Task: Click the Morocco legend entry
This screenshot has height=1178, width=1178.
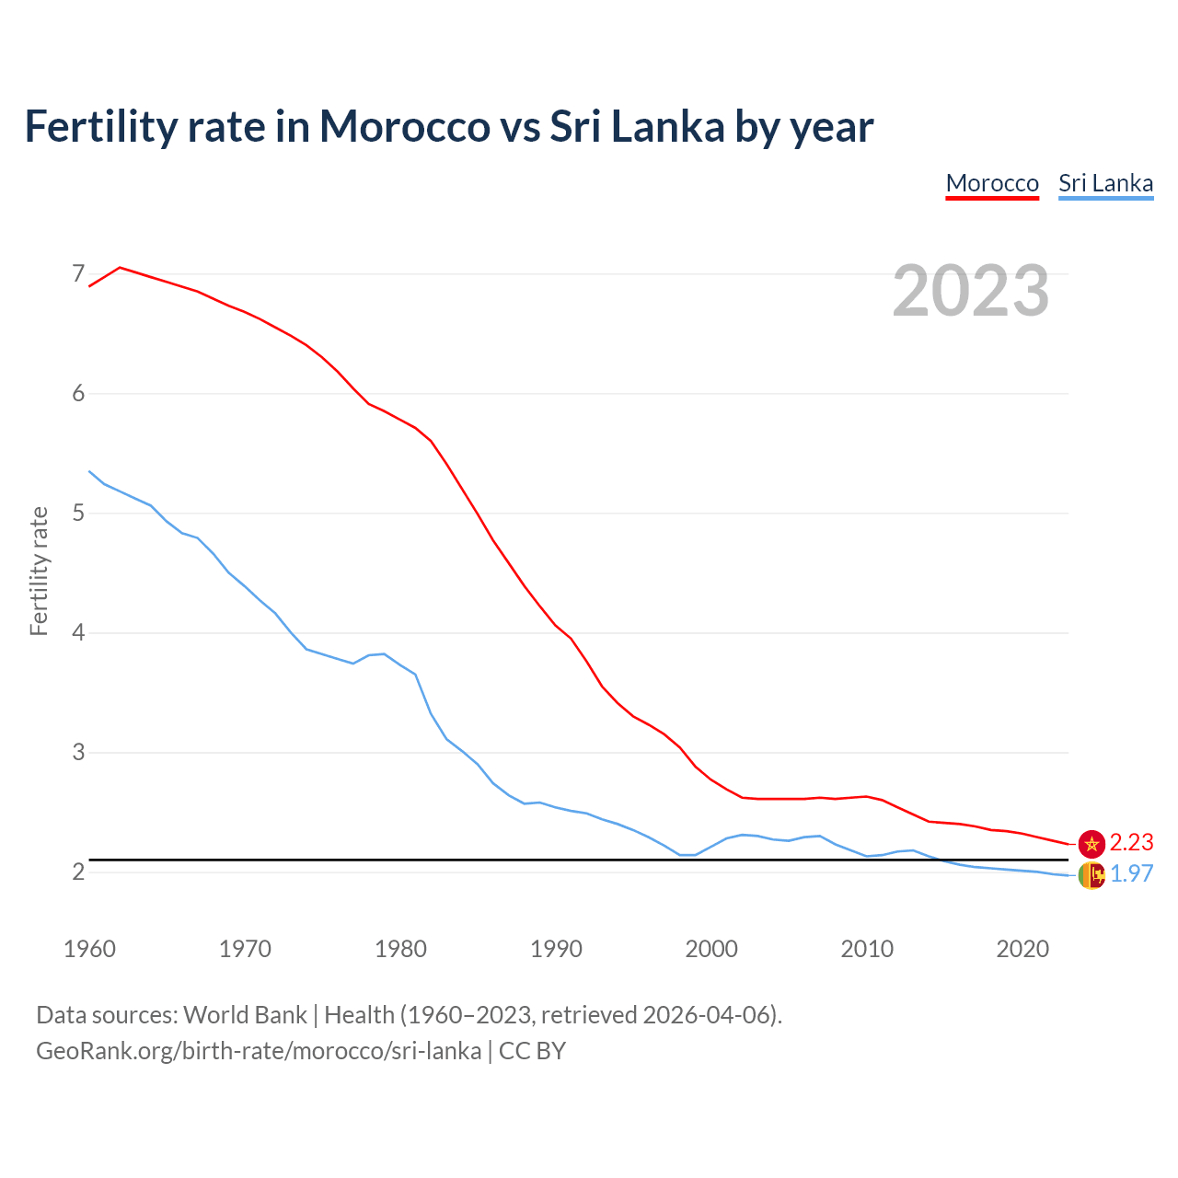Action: click(992, 183)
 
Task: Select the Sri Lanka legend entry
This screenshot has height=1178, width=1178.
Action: click(1105, 183)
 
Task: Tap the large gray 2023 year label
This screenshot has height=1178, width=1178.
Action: click(970, 291)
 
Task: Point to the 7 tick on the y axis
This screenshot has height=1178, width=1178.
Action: click(78, 273)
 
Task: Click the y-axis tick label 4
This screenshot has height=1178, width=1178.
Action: click(78, 632)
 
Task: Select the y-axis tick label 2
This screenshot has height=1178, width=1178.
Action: click(78, 871)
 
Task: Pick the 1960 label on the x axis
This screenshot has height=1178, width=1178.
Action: click(89, 949)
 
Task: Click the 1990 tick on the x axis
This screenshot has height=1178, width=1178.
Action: click(556, 949)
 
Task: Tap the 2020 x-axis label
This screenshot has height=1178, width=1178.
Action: click(1022, 949)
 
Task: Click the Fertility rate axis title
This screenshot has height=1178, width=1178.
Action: click(39, 571)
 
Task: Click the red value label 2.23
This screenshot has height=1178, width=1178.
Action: click(1131, 843)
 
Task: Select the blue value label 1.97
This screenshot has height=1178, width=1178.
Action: click(1131, 874)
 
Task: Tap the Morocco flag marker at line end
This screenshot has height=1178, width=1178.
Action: click(1091, 843)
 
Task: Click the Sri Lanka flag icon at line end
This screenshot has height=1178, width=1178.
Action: click(1091, 875)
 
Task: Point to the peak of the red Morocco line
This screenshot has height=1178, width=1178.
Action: click(121, 268)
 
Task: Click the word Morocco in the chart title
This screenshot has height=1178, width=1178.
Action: click(404, 126)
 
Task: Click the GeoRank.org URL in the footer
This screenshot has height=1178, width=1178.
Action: click(259, 1051)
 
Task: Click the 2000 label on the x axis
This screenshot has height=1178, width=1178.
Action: click(711, 949)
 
